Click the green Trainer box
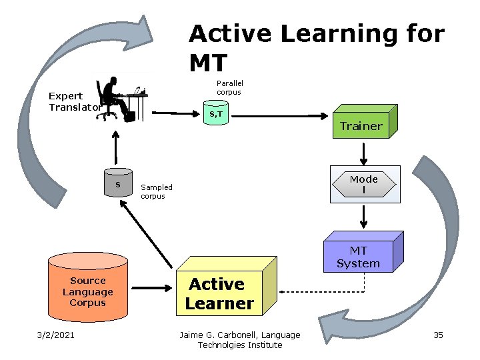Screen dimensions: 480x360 365,122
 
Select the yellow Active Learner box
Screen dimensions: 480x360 226,287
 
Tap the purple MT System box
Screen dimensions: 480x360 363,252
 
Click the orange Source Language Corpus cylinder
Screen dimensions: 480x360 88,287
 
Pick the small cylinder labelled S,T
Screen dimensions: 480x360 216,113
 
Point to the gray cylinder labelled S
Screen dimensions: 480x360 118,183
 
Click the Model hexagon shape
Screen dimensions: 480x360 364,184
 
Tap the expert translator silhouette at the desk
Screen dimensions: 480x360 122,99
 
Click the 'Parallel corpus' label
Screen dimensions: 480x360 229,87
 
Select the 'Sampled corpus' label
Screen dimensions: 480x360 157,191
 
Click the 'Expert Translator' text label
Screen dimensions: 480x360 75,101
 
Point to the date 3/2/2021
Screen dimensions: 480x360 55,335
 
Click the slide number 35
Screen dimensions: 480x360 438,335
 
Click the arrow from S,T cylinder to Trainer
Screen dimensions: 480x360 279,116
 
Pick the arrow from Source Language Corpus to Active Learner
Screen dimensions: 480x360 151,288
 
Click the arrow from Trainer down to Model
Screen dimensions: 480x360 363,154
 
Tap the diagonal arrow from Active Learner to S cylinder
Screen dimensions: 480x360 146,235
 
